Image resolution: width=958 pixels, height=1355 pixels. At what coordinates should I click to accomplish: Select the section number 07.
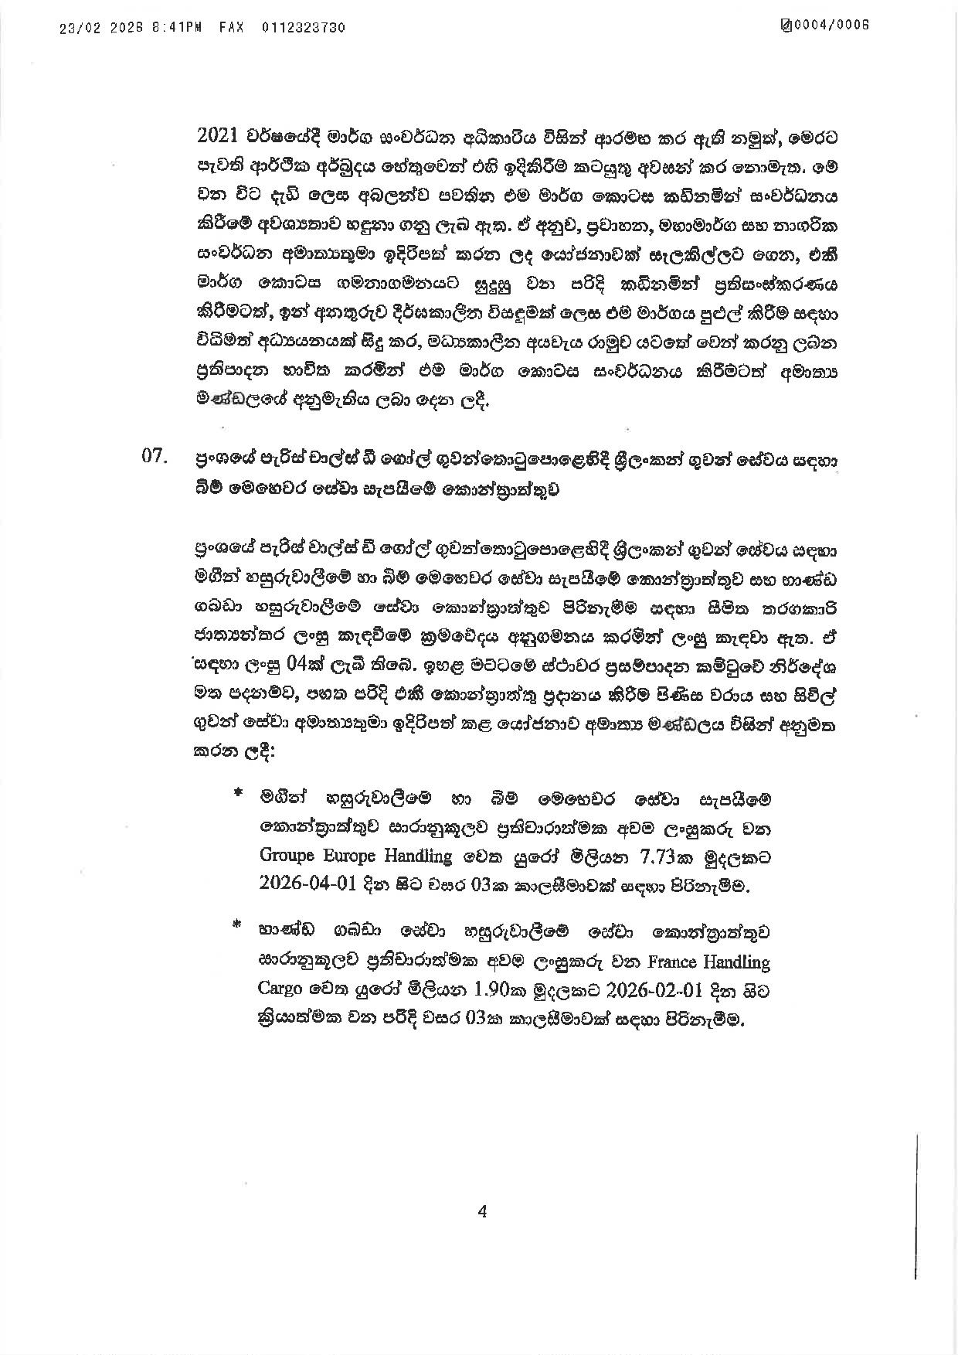click(x=154, y=457)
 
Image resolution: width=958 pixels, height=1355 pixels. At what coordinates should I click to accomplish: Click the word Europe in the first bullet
click(x=348, y=856)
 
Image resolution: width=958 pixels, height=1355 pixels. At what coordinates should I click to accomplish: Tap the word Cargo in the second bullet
click(x=280, y=991)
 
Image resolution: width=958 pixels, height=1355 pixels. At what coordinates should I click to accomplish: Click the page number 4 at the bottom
click(x=482, y=1211)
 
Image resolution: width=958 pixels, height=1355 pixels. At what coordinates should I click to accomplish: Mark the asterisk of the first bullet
click(x=237, y=794)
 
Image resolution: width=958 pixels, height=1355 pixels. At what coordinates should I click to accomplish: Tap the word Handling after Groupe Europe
click(x=416, y=857)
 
